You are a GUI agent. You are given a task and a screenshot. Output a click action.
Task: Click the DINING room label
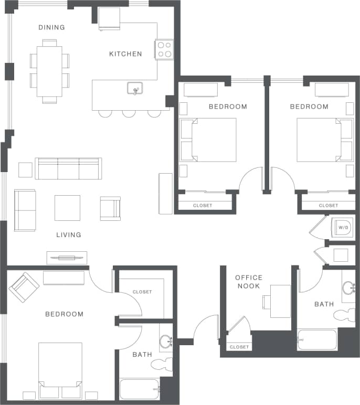(51, 27)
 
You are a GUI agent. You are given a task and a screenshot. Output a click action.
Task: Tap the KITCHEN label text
(125, 54)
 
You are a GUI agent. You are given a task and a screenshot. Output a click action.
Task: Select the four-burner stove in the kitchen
(164, 49)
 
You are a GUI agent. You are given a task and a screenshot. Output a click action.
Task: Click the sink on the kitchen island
(135, 89)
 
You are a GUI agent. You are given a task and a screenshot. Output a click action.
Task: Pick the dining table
(49, 71)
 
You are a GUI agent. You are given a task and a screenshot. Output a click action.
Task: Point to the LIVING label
(69, 235)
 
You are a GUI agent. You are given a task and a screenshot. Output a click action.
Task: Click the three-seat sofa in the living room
(68, 168)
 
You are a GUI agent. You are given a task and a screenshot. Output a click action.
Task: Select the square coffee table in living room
(67, 208)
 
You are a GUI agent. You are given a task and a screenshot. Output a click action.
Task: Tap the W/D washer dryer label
(343, 228)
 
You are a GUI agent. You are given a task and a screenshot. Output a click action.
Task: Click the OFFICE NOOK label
(248, 282)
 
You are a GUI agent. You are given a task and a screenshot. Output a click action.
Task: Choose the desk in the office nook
(280, 301)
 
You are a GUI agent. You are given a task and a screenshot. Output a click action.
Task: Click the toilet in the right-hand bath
(344, 315)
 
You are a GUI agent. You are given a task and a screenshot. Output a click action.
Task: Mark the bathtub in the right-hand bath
(317, 340)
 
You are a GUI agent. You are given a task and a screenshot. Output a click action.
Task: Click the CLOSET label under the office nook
(239, 347)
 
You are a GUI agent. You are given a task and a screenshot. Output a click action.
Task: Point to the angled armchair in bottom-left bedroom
(24, 287)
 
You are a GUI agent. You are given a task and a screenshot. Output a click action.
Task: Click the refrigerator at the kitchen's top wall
(109, 19)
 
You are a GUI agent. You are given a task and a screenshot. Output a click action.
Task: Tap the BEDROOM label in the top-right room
(309, 106)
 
